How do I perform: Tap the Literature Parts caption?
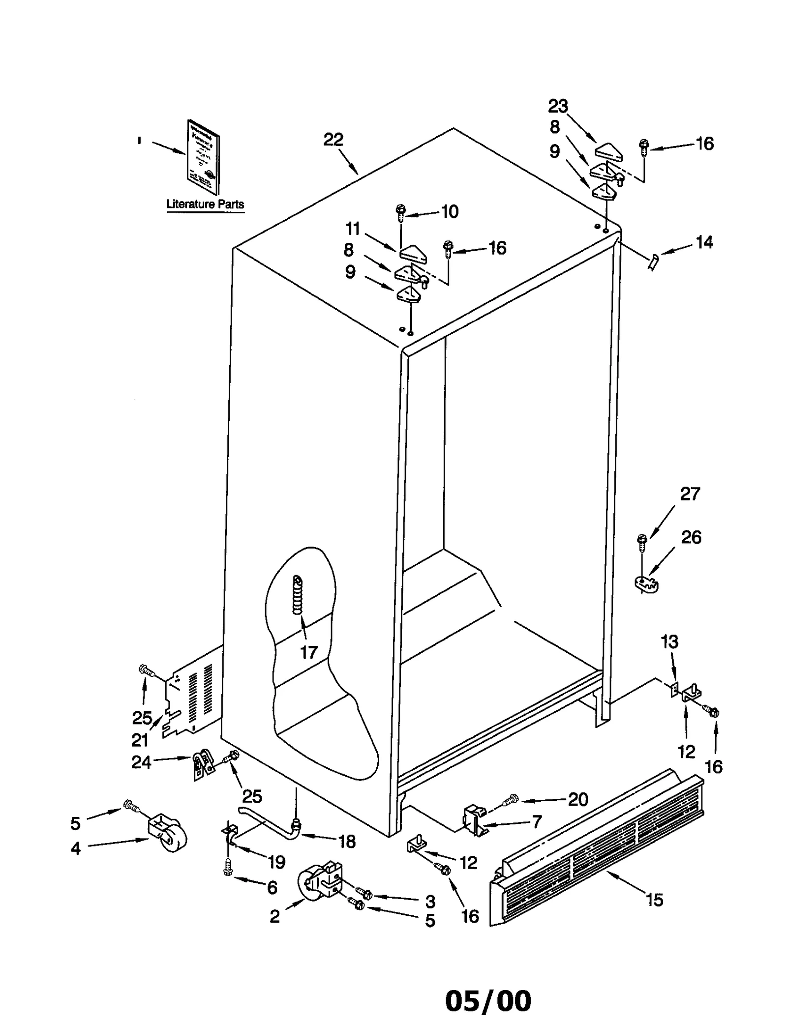205,204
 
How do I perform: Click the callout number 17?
309,652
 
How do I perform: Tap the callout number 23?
558,106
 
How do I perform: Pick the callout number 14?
704,242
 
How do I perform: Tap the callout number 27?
690,494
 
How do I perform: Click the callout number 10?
450,212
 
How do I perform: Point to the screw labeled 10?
400,213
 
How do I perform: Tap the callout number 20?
578,800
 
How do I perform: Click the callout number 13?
669,641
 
